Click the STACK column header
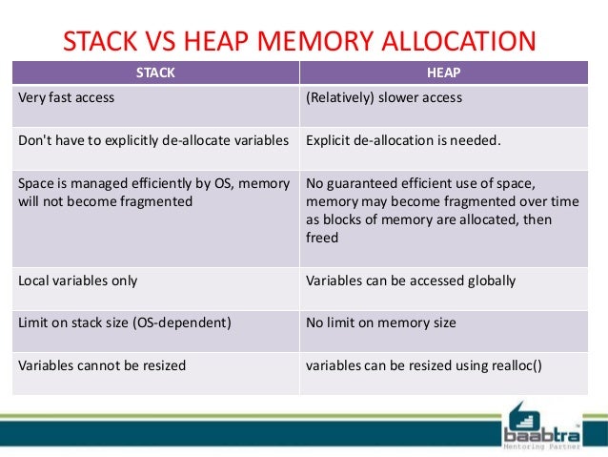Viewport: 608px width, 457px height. pos(155,71)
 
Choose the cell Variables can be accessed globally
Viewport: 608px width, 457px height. pos(411,280)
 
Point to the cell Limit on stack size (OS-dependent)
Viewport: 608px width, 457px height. pos(124,322)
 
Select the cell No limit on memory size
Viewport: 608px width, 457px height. pos(381,322)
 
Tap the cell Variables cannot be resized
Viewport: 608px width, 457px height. pos(102,364)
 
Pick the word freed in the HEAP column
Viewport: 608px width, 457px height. pos(322,238)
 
